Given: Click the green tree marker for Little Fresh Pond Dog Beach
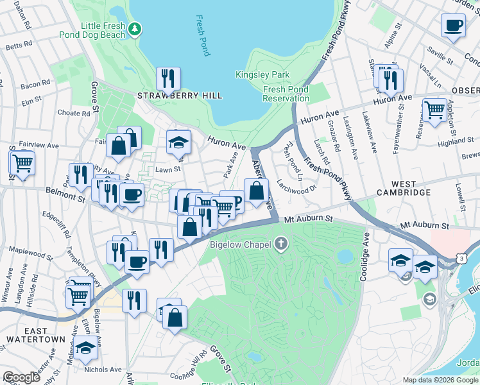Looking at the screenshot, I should pyautogui.click(x=134, y=28).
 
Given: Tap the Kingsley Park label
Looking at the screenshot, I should pyautogui.click(x=258, y=75).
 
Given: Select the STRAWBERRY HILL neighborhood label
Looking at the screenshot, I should pyautogui.click(x=180, y=96).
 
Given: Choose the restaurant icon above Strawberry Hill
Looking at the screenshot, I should pyautogui.click(x=168, y=79).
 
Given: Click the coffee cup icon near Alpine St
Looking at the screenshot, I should pyautogui.click(x=454, y=26).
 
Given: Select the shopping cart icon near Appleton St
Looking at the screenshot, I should pyautogui.click(x=434, y=110).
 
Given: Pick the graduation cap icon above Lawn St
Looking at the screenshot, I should pyautogui.click(x=178, y=142).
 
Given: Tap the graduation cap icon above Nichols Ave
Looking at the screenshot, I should pyautogui.click(x=85, y=348).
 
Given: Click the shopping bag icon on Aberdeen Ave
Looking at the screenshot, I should pyautogui.click(x=256, y=191).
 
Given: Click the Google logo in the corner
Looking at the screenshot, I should pyautogui.click(x=21, y=377).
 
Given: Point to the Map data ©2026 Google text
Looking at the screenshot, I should pyautogui.click(x=440, y=380).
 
